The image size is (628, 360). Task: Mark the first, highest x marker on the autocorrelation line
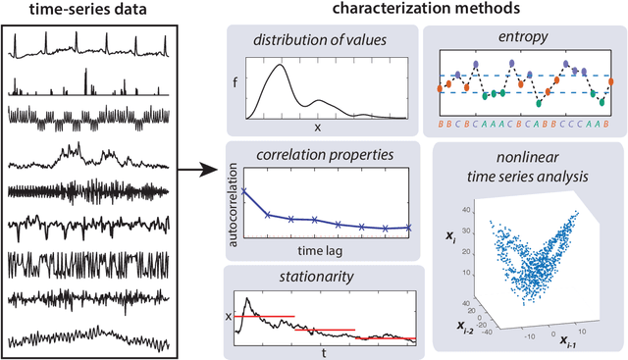pos(243,191)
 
